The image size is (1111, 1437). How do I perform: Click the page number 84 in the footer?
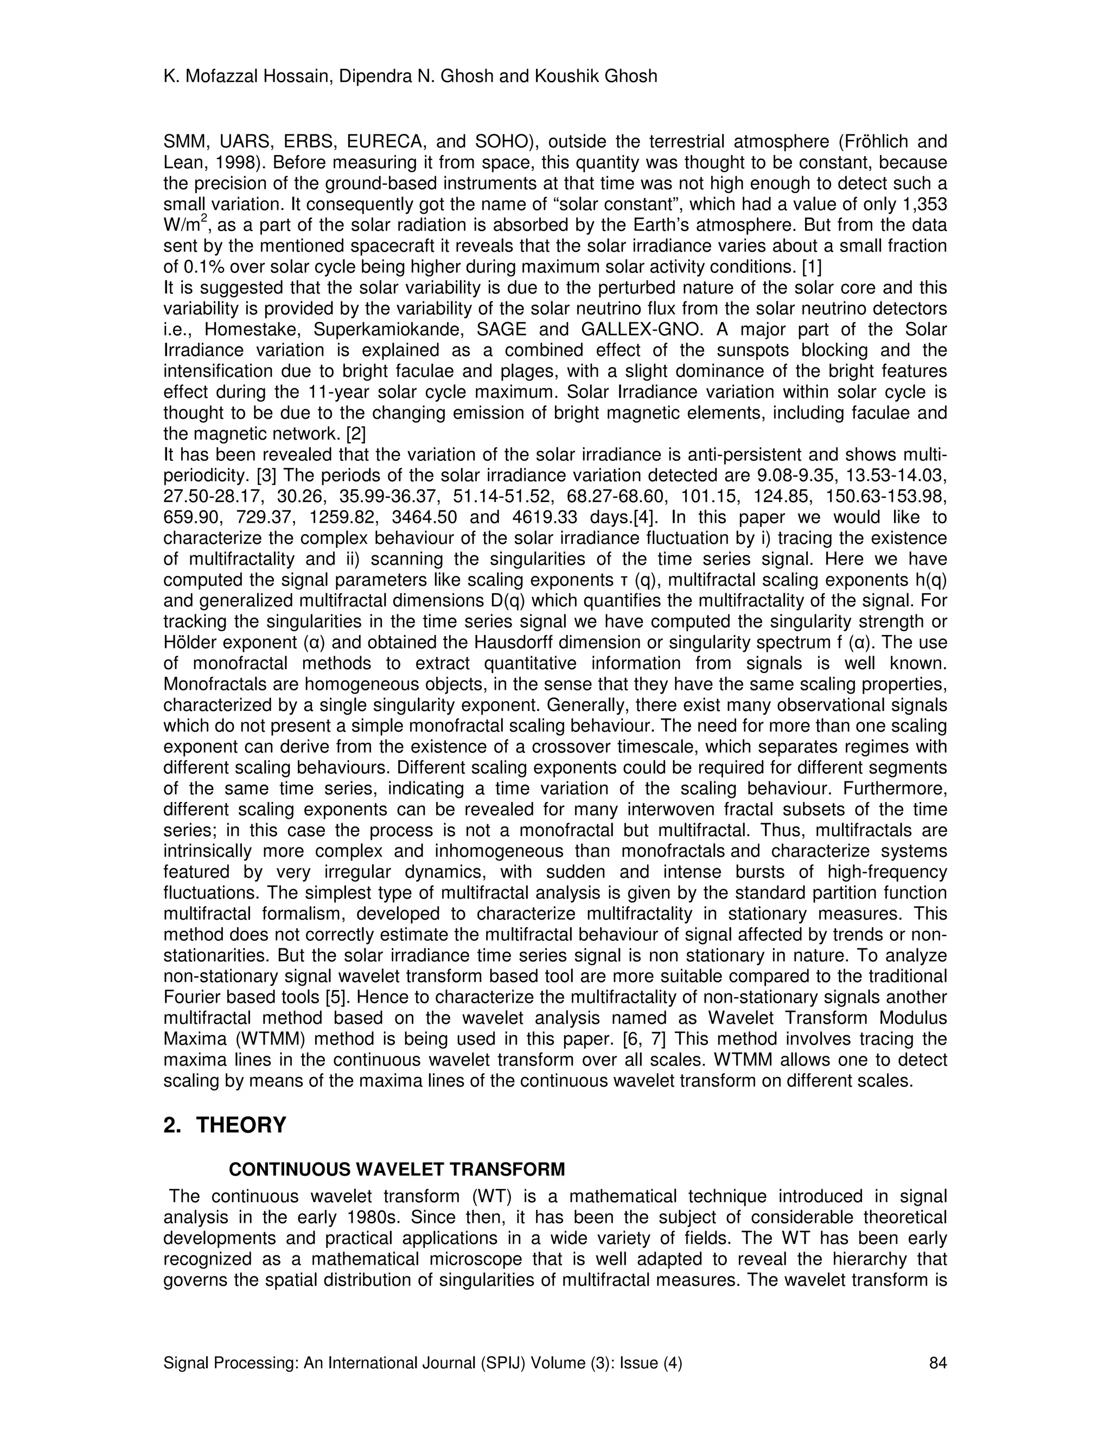pyautogui.click(x=937, y=1363)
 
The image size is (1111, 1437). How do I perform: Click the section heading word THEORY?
pyautogui.click(x=241, y=1125)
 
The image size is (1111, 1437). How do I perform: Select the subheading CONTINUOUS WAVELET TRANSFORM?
pyautogui.click(x=397, y=1169)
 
